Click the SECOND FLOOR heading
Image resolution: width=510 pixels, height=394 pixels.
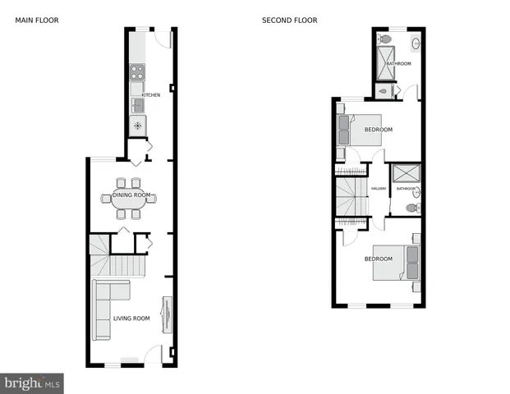pyautogui.click(x=289, y=21)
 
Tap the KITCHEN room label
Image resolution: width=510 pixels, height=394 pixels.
pyautogui.click(x=150, y=95)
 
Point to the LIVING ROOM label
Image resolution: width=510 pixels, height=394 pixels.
pyautogui.click(x=131, y=318)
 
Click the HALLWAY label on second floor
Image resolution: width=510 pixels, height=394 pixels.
pyautogui.click(x=379, y=189)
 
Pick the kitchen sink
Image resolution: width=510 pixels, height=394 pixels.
pyautogui.click(x=137, y=105)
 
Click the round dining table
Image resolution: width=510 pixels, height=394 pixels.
pyautogui.click(x=129, y=197)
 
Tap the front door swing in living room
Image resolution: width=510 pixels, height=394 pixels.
pyautogui.click(x=152, y=355)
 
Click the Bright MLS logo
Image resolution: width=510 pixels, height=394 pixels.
pyautogui.click(x=32, y=383)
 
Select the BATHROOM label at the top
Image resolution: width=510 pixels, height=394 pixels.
pyautogui.click(x=398, y=63)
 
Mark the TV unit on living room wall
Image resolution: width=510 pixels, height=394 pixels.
pyautogui.click(x=167, y=315)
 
